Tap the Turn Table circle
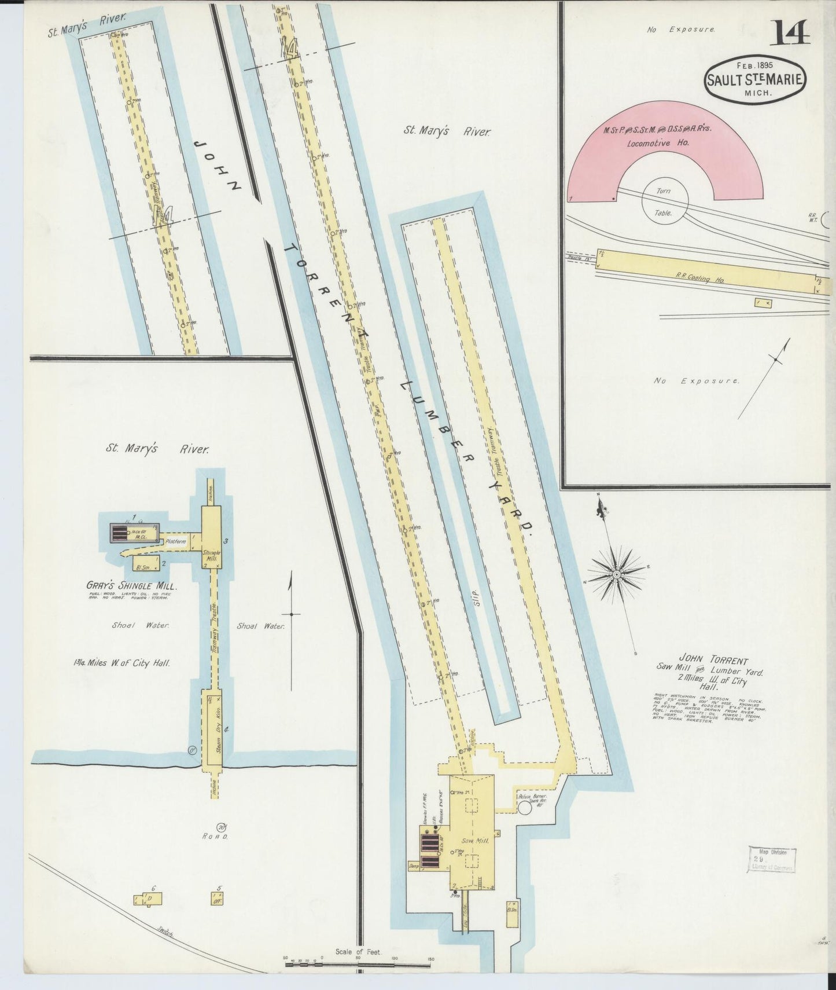tap(664, 202)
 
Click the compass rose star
tap(617, 574)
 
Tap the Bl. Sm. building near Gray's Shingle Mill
tap(142, 562)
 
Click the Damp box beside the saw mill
tap(413, 867)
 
